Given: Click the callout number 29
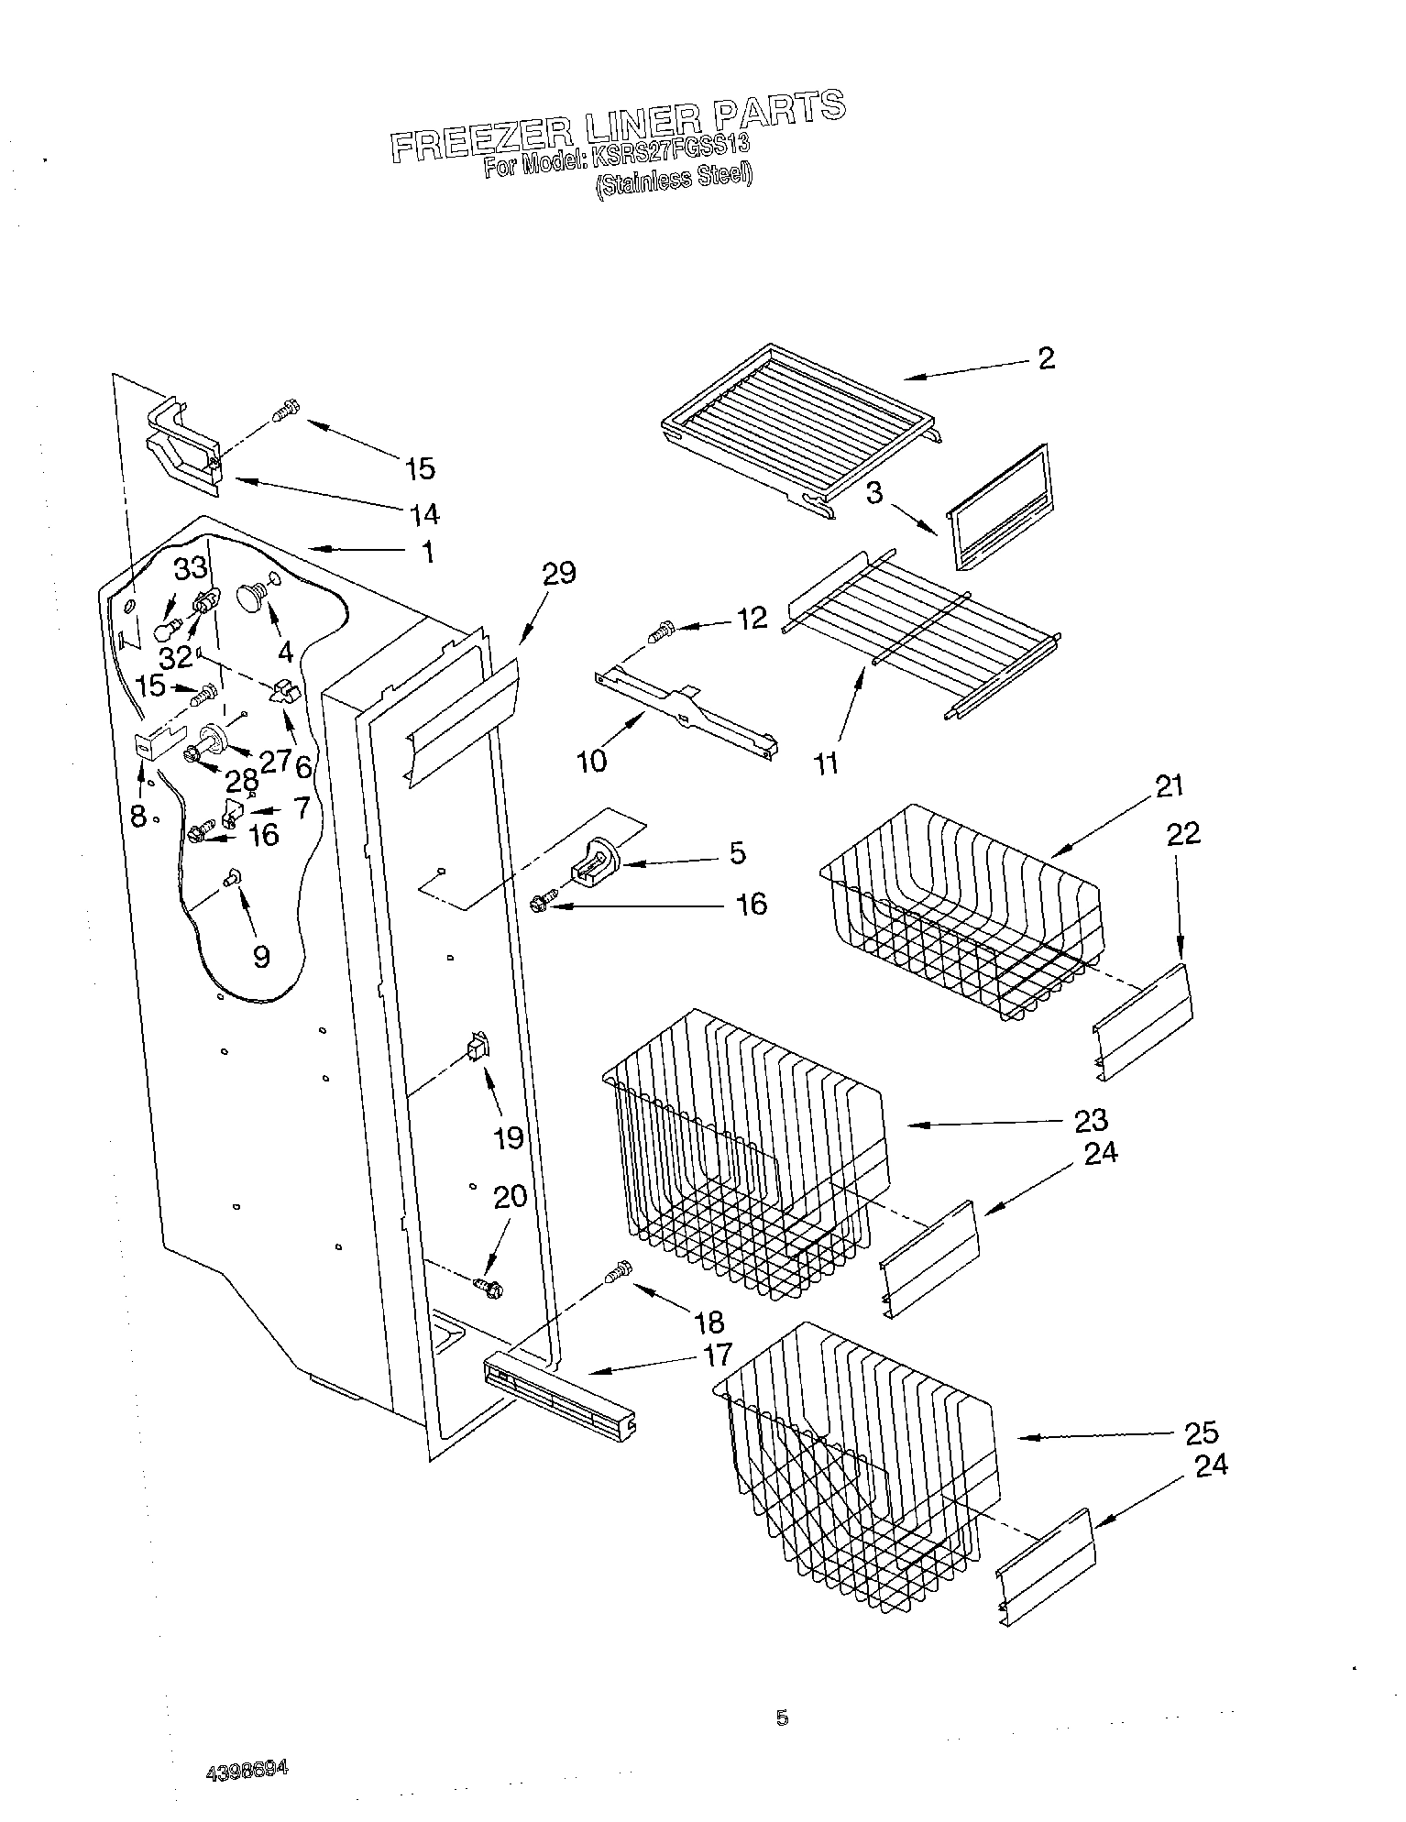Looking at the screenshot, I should (559, 574).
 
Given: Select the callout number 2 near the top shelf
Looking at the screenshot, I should (1047, 357).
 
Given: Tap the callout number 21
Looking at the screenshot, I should (1170, 786).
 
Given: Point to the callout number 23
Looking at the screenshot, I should (1092, 1120).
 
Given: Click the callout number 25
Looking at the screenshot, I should (1202, 1432).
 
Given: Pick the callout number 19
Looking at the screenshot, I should (509, 1137).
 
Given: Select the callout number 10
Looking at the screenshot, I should (593, 761).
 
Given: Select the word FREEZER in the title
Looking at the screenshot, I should (481, 137).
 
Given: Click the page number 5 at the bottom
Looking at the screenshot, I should (782, 1718).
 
